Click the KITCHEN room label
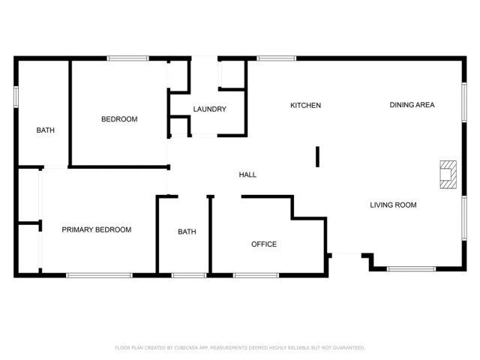tap(305, 106)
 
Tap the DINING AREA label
tap(412, 105)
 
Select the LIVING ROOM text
tap(393, 205)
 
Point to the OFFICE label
tap(264, 244)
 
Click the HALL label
tap(247, 175)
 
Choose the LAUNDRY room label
tap(209, 109)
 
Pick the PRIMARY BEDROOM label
tap(97, 229)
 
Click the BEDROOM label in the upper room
tap(119, 119)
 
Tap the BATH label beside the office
tap(187, 232)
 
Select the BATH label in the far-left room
tap(46, 130)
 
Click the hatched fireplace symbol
tap(448, 175)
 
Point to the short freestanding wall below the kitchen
tap(317, 156)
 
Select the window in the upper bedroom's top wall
tap(127, 58)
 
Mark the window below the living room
tap(412, 268)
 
